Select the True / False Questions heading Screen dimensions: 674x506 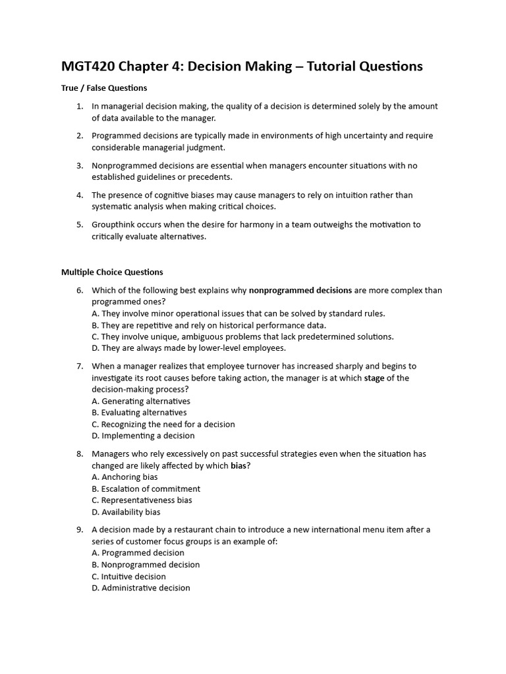tap(104, 88)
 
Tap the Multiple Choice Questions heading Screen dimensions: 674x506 tap(112, 272)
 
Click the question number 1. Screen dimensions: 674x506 tap(79, 107)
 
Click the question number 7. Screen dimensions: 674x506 tap(79, 366)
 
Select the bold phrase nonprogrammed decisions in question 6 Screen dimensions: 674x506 tap(300, 290)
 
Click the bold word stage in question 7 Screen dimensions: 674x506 tap(374, 378)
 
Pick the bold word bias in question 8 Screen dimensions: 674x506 tap(238, 466)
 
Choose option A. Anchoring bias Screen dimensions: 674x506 tap(125, 477)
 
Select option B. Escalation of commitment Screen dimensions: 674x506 tap(146, 489)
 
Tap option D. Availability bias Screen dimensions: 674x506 tap(126, 512)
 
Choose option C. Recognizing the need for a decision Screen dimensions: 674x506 tap(163, 425)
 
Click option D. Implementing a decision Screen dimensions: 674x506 tap(143, 436)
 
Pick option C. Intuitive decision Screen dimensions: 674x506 tap(128, 577)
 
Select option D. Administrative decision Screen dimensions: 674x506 tap(140, 588)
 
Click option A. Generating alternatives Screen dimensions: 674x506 tap(140, 401)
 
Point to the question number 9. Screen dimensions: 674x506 tap(79, 530)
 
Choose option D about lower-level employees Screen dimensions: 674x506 tap(188, 348)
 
